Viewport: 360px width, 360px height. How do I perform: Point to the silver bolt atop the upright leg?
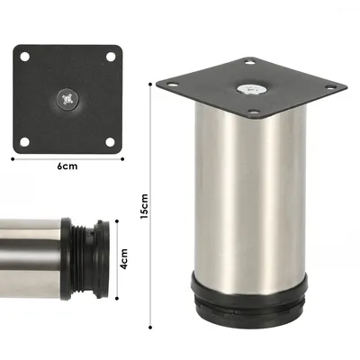(x=247, y=87)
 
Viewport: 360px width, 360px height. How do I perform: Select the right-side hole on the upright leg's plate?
(x=331, y=86)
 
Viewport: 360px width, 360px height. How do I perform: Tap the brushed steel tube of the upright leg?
(x=247, y=207)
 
